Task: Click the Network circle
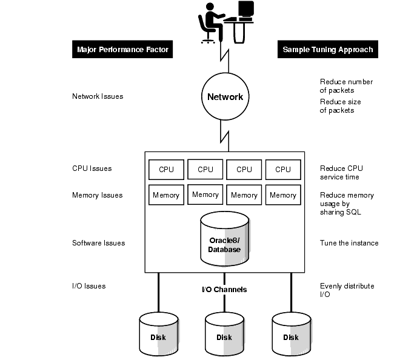pyautogui.click(x=225, y=97)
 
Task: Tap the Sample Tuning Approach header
pyautogui.click(x=327, y=49)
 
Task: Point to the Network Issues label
pyautogui.click(x=98, y=96)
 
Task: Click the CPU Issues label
pyautogui.click(x=92, y=168)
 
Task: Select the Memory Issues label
pyautogui.click(x=97, y=195)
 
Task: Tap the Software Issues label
pyautogui.click(x=98, y=243)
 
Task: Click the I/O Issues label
pyautogui.click(x=88, y=286)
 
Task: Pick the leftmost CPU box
pyautogui.click(x=166, y=169)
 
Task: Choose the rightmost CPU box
pyautogui.click(x=283, y=169)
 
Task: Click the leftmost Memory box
pyautogui.click(x=166, y=195)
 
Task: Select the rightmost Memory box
pyautogui.click(x=283, y=195)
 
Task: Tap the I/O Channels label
pyautogui.click(x=224, y=290)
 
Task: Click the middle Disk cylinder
pyautogui.click(x=224, y=334)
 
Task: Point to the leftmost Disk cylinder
pyautogui.click(x=158, y=334)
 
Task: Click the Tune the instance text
pyautogui.click(x=349, y=243)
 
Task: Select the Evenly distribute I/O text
pyautogui.click(x=347, y=290)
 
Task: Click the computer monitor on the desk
pyautogui.click(x=245, y=9)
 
